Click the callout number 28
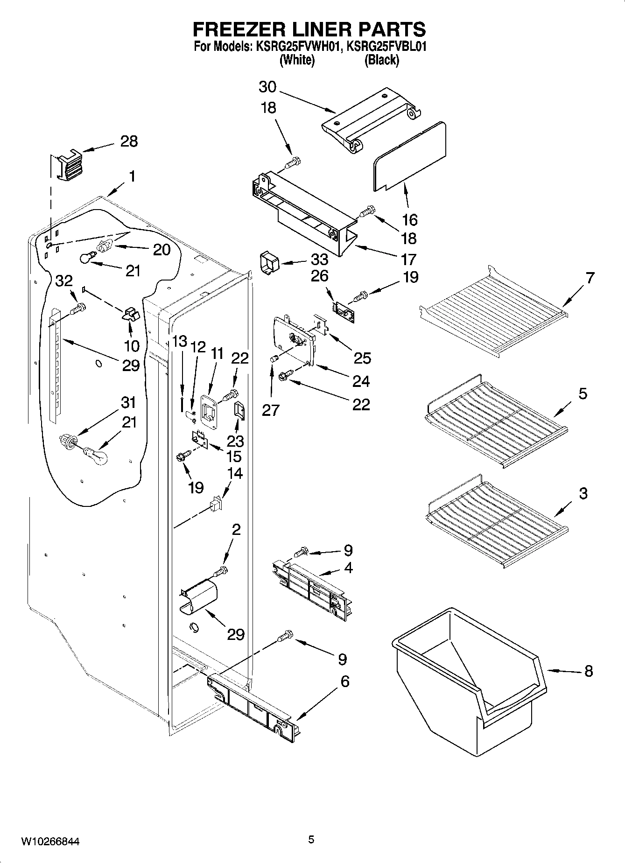tap(129, 141)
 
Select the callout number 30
tap(267, 87)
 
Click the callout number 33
tap(320, 260)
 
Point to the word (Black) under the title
tap(381, 60)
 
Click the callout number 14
tap(235, 473)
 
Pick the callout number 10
tap(132, 346)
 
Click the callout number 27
tap(271, 409)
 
